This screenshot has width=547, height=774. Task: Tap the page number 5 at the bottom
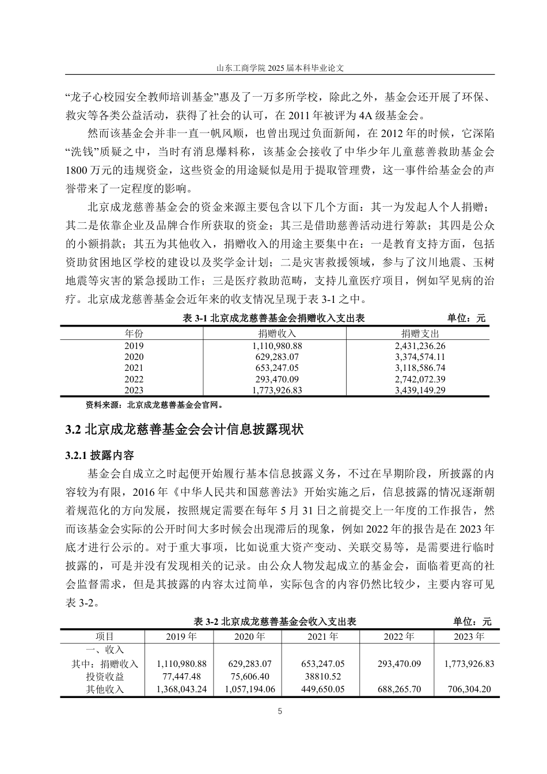[x=280, y=711]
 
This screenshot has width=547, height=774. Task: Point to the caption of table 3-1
[x=273, y=318]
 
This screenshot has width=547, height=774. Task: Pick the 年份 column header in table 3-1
[x=134, y=333]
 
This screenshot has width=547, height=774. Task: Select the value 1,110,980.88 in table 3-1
[x=277, y=346]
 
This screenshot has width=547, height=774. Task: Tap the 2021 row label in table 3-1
[x=134, y=368]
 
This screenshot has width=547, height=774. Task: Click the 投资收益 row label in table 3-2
[x=105, y=677]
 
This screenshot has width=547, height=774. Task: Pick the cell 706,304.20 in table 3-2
[x=469, y=689]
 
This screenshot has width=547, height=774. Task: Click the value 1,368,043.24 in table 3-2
[x=181, y=689]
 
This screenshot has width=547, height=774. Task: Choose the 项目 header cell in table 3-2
[x=105, y=636]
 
